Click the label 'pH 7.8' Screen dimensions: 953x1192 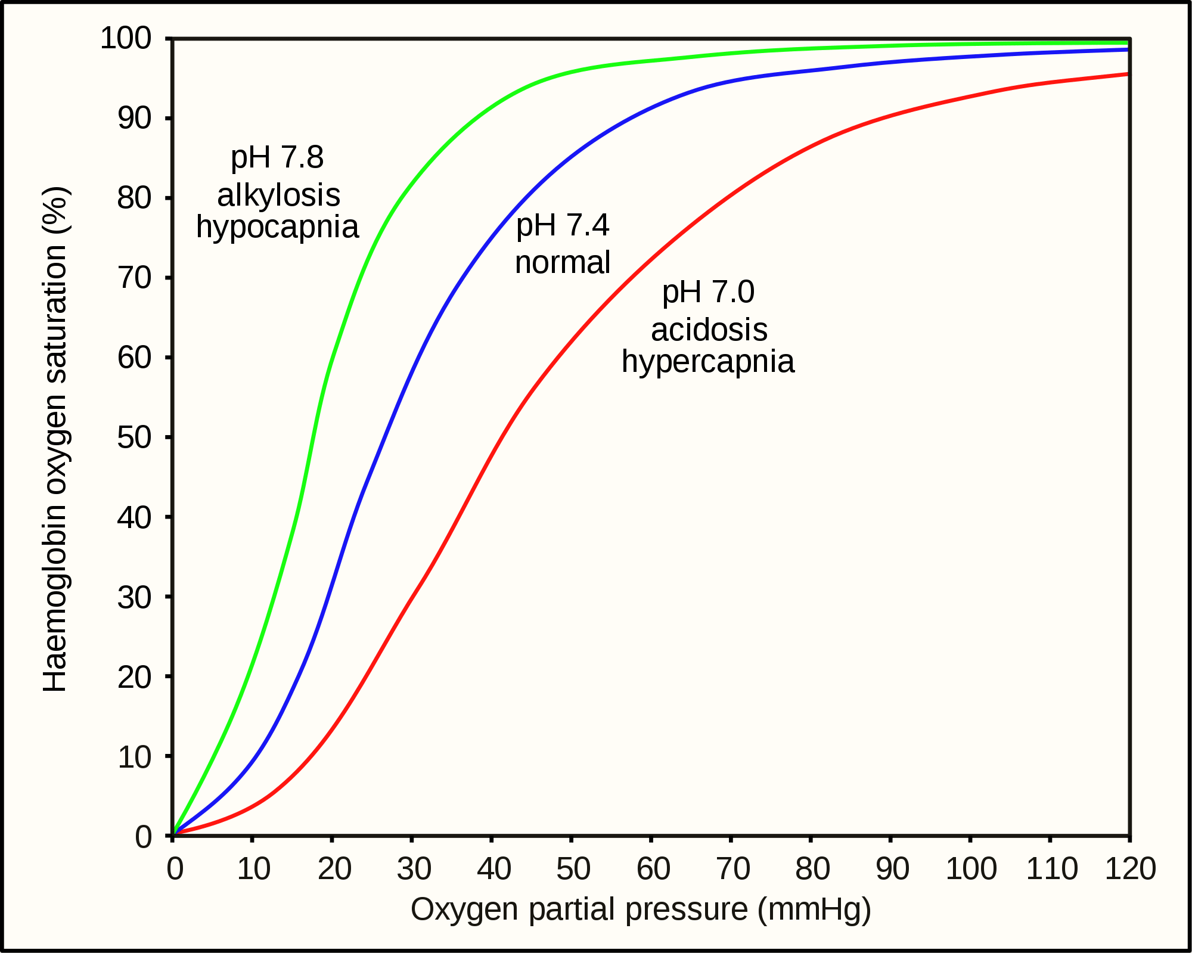coord(277,157)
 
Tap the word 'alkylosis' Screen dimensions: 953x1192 coord(278,195)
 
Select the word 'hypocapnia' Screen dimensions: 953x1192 coord(278,227)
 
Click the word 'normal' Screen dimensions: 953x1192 coord(563,262)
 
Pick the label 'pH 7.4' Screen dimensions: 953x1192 coord(563,225)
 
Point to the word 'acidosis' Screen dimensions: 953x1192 coord(709,330)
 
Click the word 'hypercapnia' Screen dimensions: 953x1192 coord(708,362)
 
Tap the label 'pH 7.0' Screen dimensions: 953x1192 coord(709,292)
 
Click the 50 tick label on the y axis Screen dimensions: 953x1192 coord(135,437)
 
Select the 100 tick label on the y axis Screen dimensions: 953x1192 coord(126,39)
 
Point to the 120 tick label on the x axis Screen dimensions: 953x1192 coord(1130,869)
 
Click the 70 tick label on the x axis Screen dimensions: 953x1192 coord(732,869)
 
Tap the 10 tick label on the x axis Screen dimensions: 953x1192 coord(254,869)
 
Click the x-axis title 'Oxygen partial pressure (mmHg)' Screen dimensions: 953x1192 coord(641,909)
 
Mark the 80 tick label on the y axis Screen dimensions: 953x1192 coord(135,198)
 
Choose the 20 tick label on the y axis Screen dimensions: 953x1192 coord(135,677)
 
